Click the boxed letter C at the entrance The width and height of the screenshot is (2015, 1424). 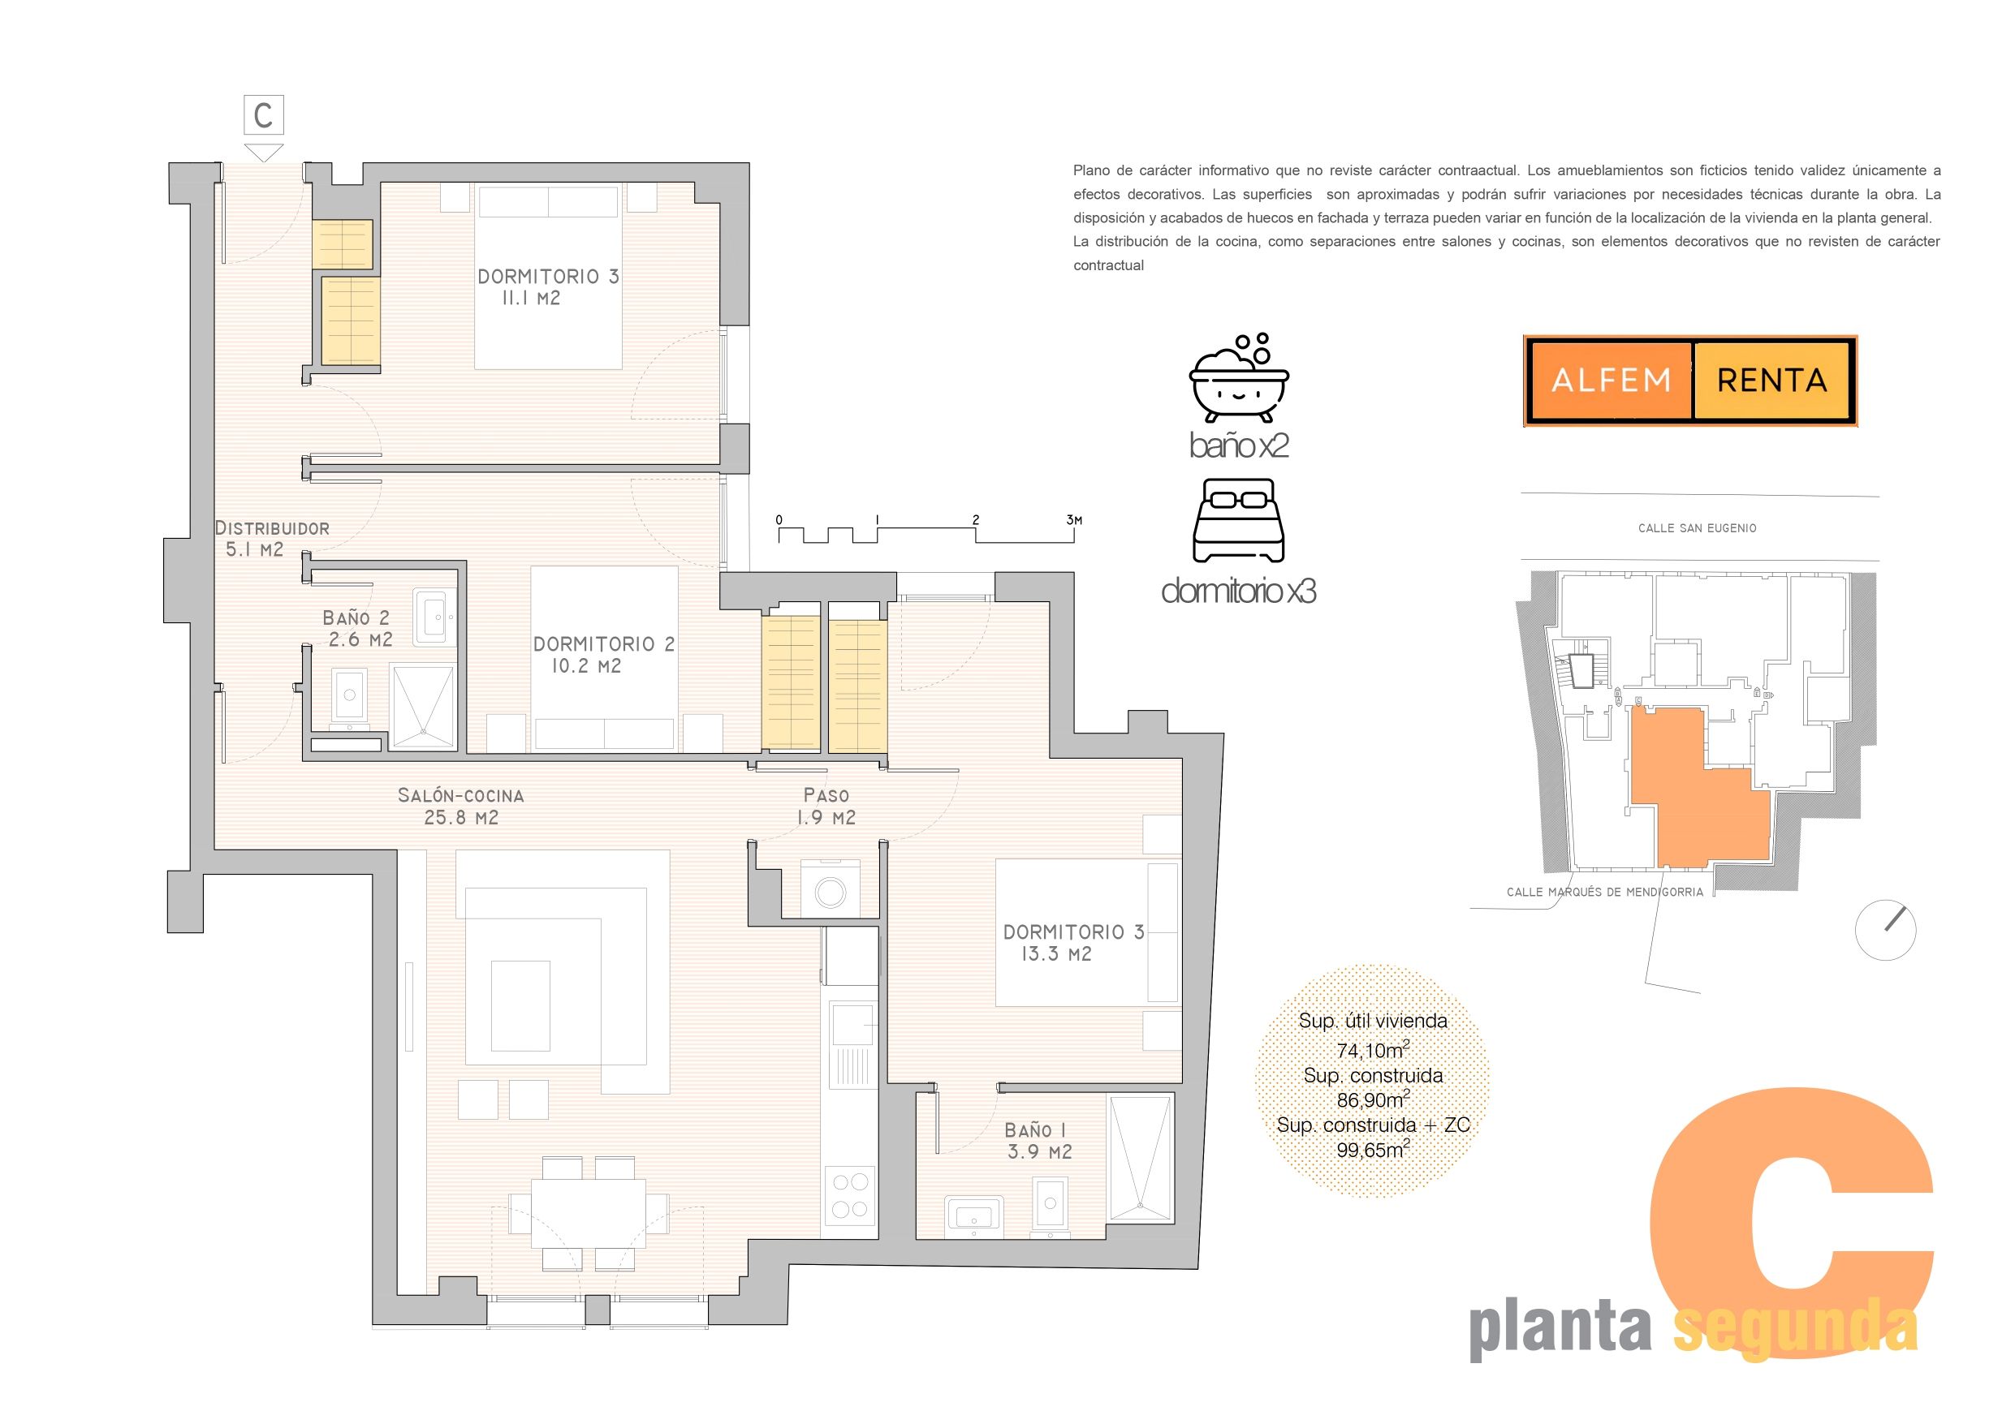click(263, 115)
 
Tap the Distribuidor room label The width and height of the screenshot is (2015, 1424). click(272, 528)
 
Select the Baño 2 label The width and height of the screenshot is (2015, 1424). click(356, 617)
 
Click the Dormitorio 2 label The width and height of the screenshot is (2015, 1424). click(605, 644)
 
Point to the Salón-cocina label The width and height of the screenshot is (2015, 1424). click(461, 796)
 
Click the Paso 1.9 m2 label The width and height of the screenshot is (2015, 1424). click(826, 807)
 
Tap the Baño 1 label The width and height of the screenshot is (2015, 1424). click(1035, 1130)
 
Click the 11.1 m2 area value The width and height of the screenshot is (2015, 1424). click(531, 299)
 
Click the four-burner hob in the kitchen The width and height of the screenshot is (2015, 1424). click(849, 1195)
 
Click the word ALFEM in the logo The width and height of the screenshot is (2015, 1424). click(1612, 381)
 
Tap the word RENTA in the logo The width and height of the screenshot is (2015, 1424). click(1772, 381)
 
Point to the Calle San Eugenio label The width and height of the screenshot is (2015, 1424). click(1698, 528)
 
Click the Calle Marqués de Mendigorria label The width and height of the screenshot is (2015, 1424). click(1604, 893)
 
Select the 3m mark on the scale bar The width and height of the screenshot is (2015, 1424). click(1074, 520)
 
